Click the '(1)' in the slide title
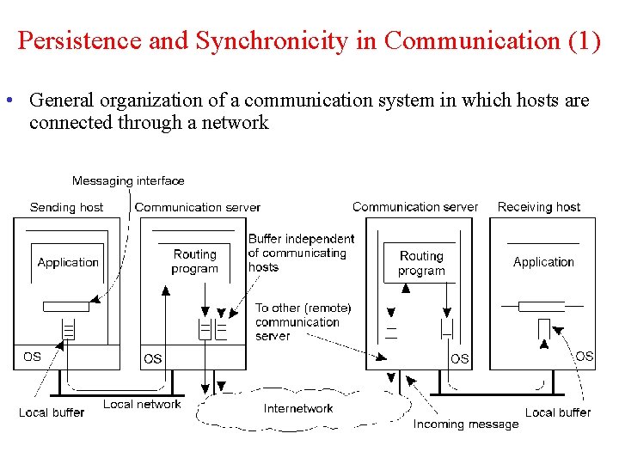(x=584, y=41)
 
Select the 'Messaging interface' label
(x=128, y=180)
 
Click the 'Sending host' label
(x=66, y=207)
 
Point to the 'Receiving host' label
(x=539, y=207)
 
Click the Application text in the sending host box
(x=68, y=262)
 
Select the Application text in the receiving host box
(x=543, y=262)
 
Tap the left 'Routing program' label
(x=195, y=261)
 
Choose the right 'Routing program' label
(x=421, y=263)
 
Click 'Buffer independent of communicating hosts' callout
(x=300, y=253)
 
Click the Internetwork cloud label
(x=298, y=408)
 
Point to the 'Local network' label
(x=143, y=404)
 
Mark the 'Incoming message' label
(x=466, y=424)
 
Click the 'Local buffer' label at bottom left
(x=52, y=412)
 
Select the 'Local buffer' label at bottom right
(x=558, y=412)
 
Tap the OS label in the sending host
(x=32, y=356)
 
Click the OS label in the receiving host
(x=585, y=356)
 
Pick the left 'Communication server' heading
(x=198, y=207)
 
